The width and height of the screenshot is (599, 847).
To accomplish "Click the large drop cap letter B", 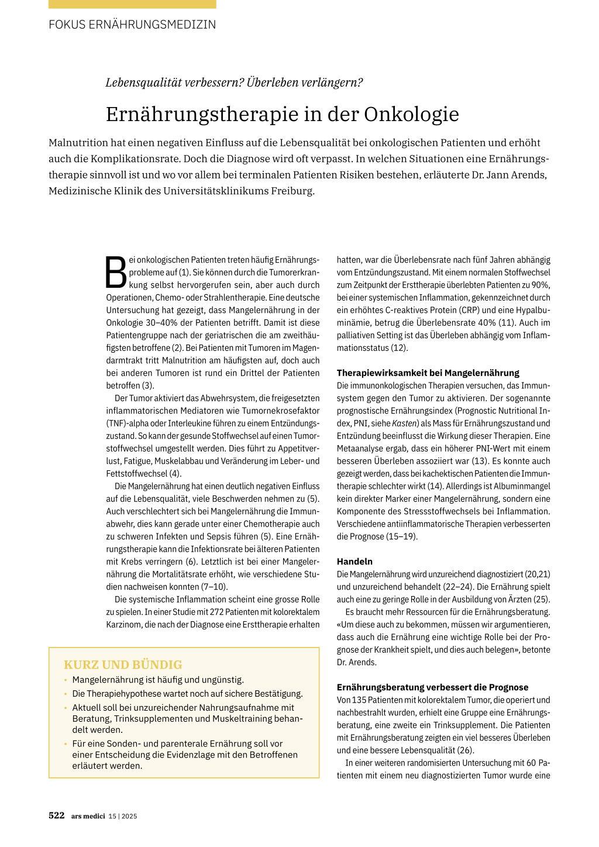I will pos(116,273).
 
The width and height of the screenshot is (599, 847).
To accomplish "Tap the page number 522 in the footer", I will pos(57,815).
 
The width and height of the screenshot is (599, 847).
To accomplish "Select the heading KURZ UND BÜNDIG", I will pos(123,664).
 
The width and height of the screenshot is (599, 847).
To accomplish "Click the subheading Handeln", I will pos(354,562).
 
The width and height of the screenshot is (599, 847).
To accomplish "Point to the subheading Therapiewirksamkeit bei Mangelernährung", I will pos(428,373).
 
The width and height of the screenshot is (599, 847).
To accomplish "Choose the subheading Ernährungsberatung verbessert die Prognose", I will pos(432,687).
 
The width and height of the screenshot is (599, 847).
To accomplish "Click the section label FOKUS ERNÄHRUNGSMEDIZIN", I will pos(132,25).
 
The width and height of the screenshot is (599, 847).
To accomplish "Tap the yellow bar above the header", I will pos(132,4).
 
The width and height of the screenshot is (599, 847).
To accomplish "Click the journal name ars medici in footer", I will pos(88,816).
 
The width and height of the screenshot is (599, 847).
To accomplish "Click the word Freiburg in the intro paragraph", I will pos(292,191).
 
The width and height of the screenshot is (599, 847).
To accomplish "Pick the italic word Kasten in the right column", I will pos(404,423).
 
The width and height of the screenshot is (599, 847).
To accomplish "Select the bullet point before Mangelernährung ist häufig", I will pos(66,680).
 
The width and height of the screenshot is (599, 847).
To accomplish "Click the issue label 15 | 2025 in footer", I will pos(123,816).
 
